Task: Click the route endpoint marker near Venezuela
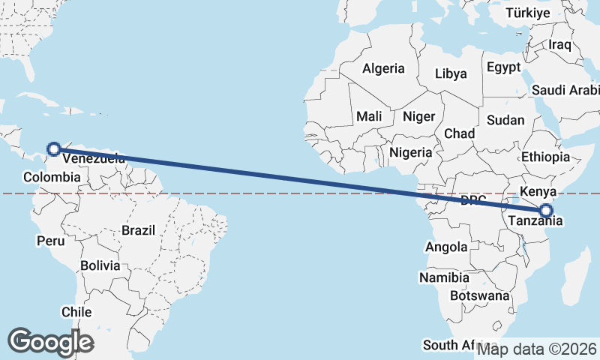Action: tap(54, 148)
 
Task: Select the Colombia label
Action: tap(52, 177)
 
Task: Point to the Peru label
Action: tap(49, 241)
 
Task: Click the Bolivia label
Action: tap(100, 265)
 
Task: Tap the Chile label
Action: tap(77, 312)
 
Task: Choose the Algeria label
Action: tap(383, 68)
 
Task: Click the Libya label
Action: tap(451, 73)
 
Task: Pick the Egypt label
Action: tap(503, 67)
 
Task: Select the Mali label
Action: tap(369, 116)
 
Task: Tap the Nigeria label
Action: tap(411, 152)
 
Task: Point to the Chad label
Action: tap(460, 133)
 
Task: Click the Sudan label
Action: tap(505, 120)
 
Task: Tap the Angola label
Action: tap(446, 247)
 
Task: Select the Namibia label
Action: tap(445, 277)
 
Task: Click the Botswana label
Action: tap(480, 295)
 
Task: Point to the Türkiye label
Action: tap(528, 13)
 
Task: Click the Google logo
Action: tap(50, 341)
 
